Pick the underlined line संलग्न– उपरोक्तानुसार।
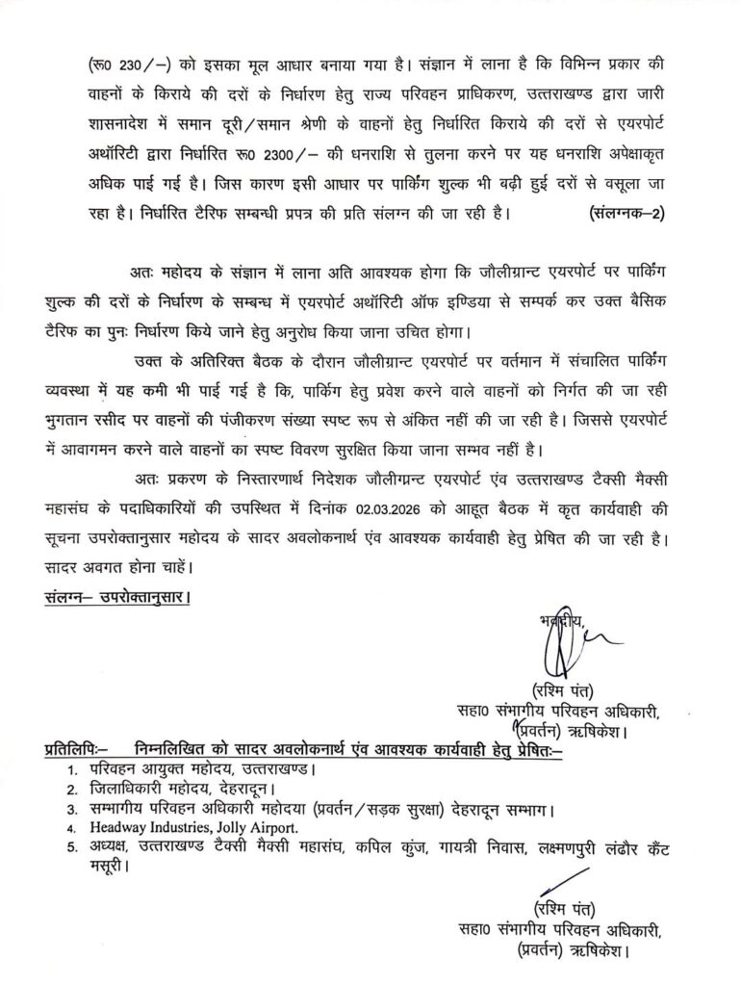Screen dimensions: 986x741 (117, 597)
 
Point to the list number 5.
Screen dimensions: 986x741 (73, 846)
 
